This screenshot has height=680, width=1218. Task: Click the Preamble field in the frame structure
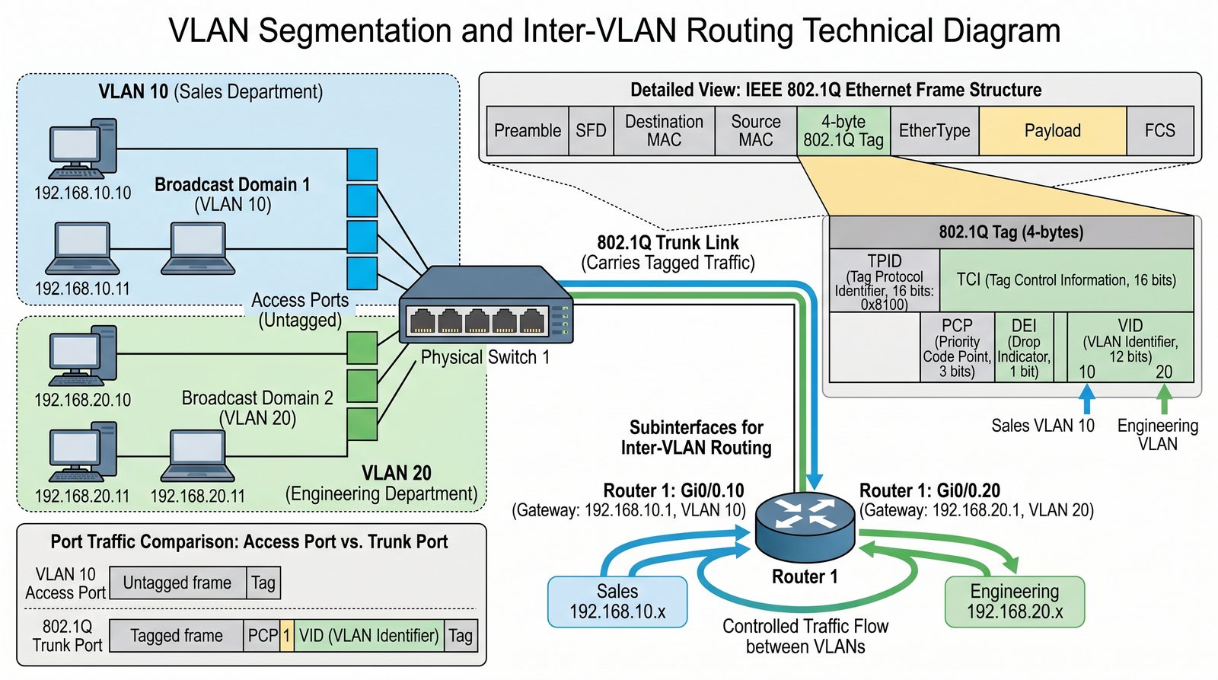(528, 131)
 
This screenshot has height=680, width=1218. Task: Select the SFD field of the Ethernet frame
(591, 131)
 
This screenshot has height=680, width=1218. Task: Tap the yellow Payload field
(1052, 131)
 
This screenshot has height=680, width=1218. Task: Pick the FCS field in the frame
(1159, 131)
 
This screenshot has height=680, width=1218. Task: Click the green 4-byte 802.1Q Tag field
(843, 131)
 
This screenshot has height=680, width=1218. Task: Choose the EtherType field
(934, 131)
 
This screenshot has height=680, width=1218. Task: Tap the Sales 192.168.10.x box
(617, 602)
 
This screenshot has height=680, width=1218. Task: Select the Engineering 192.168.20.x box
(1014, 602)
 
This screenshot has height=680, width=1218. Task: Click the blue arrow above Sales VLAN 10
(1087, 398)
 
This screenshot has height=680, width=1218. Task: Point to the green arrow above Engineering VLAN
(1164, 398)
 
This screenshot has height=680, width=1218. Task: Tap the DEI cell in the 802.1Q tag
(1024, 347)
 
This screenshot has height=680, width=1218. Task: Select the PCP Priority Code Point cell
(957, 347)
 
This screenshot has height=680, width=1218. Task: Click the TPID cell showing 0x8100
(884, 281)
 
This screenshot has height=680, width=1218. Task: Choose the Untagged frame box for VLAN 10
(177, 583)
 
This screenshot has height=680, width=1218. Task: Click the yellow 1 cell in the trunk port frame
(286, 636)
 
